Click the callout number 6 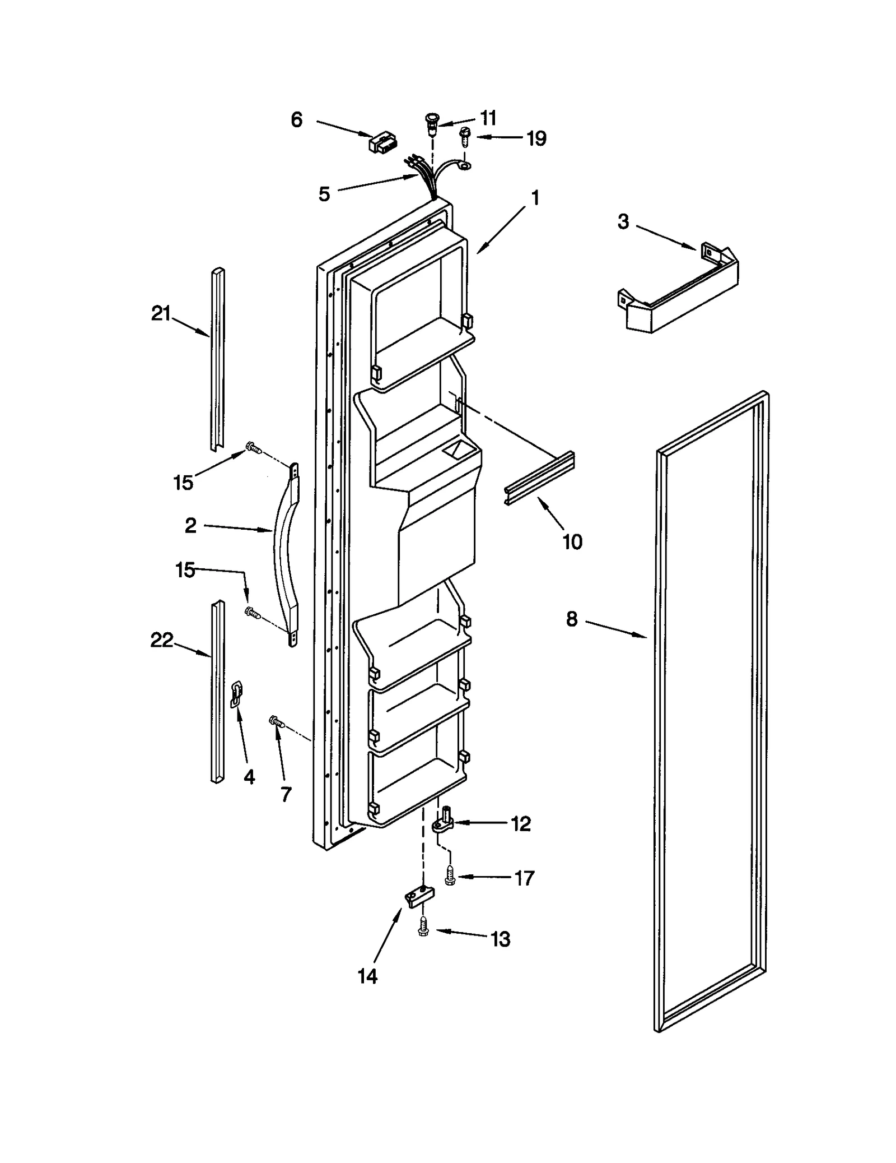pyautogui.click(x=296, y=119)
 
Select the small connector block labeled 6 pyautogui.click(x=379, y=142)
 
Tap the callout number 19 pyautogui.click(x=536, y=138)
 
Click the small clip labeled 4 pyautogui.click(x=237, y=694)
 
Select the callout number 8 pyautogui.click(x=571, y=619)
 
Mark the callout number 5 pyautogui.click(x=324, y=194)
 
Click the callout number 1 pyautogui.click(x=535, y=198)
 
